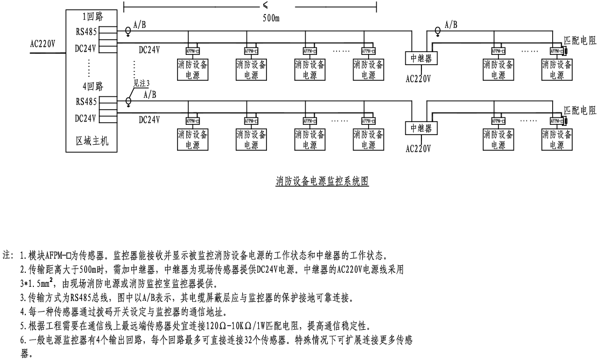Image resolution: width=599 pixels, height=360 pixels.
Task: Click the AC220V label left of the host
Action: click(x=43, y=44)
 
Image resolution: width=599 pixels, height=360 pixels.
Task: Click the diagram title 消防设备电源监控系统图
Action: click(x=322, y=182)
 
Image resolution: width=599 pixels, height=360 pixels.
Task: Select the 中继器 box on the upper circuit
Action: click(x=421, y=58)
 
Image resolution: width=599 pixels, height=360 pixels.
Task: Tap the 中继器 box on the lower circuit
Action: click(x=421, y=128)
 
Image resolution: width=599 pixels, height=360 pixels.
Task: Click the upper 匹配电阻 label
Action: click(x=580, y=39)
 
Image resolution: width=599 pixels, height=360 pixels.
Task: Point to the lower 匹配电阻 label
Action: click(x=580, y=110)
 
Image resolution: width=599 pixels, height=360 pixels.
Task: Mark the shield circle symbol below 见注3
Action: click(x=128, y=101)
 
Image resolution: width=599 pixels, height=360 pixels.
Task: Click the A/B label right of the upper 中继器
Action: click(x=451, y=25)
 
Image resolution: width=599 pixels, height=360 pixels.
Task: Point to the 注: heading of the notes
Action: click(x=9, y=255)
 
